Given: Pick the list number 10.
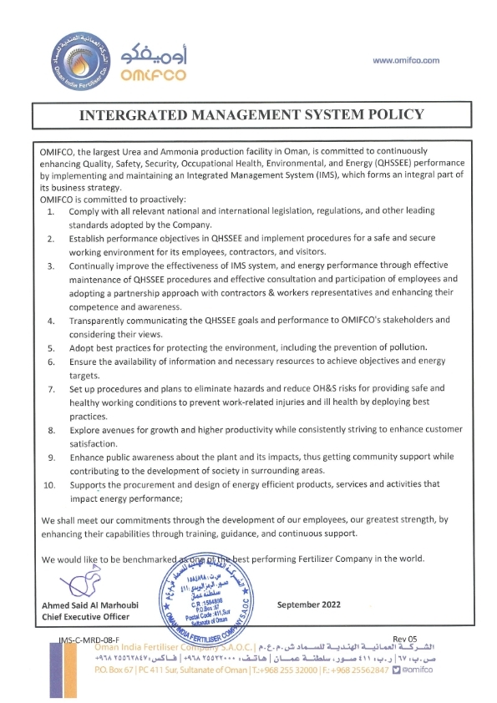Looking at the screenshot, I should coord(48,484).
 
